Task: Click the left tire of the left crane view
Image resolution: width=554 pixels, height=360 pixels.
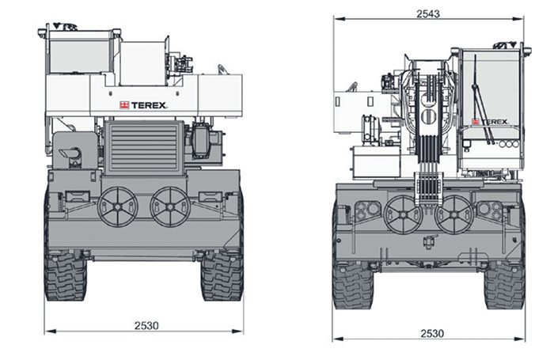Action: [66, 277]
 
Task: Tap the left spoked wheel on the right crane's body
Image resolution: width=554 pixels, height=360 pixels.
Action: [403, 214]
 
